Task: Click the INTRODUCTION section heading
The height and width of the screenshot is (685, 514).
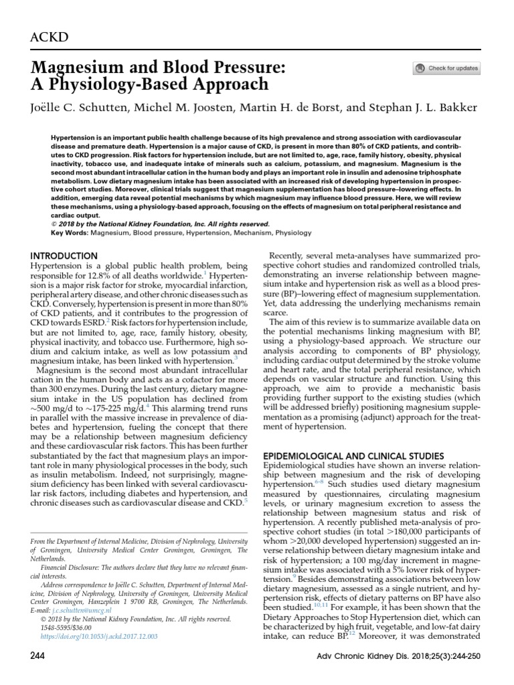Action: [65, 256]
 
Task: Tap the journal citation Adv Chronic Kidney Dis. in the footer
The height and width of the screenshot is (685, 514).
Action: [355, 669]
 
